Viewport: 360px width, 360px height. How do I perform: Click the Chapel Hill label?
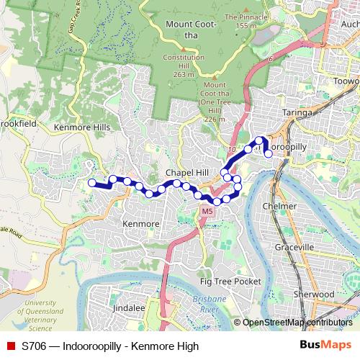(186, 174)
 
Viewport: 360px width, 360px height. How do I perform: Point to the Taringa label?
(297, 113)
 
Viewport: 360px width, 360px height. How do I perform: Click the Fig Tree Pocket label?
(230, 281)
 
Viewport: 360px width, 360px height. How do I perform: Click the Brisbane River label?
(210, 303)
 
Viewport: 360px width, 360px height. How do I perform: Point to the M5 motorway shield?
(207, 211)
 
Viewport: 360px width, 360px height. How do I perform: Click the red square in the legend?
(11, 346)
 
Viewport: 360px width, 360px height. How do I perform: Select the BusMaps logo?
(325, 346)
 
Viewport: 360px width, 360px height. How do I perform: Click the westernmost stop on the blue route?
(91, 183)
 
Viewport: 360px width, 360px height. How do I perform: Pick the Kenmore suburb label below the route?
(140, 224)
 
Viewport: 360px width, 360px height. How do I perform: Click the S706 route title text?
(110, 346)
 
